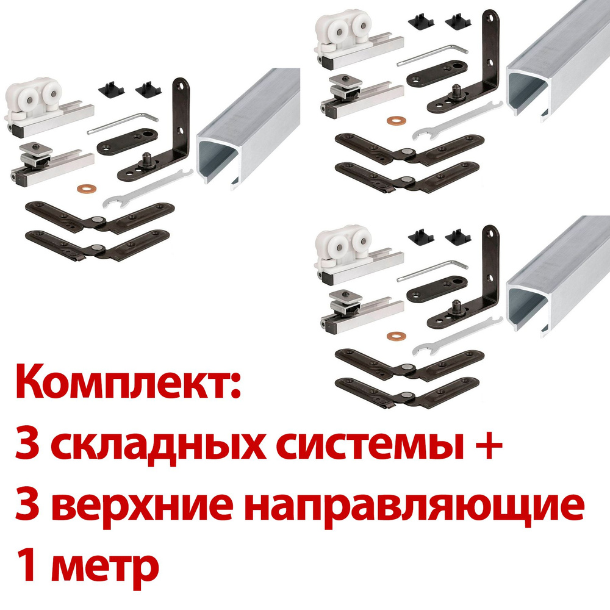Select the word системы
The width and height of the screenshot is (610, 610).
tap(370, 445)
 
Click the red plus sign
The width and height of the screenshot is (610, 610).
tap(488, 445)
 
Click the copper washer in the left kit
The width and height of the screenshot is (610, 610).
tap(87, 190)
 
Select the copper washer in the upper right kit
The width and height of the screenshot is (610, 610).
tap(396, 120)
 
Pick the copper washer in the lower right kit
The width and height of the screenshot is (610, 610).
tap(396, 335)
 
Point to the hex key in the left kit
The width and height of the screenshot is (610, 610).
tap(123, 123)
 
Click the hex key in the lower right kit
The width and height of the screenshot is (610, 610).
tap(432, 271)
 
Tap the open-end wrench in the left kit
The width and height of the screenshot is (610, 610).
tap(148, 190)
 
